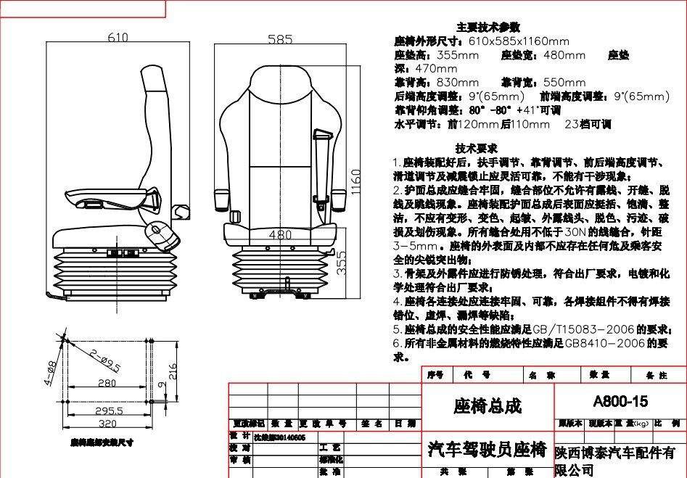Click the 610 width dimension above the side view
pos(118,38)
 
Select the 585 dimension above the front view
pos(280,39)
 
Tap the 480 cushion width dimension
pos(280,235)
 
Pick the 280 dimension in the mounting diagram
pos(107,383)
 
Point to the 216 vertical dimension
pos(173,371)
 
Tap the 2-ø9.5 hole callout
pos(106,360)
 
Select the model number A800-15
pos(620,401)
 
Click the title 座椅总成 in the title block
pos(487,405)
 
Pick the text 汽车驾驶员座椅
pos(487,450)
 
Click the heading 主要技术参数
pos(488,27)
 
